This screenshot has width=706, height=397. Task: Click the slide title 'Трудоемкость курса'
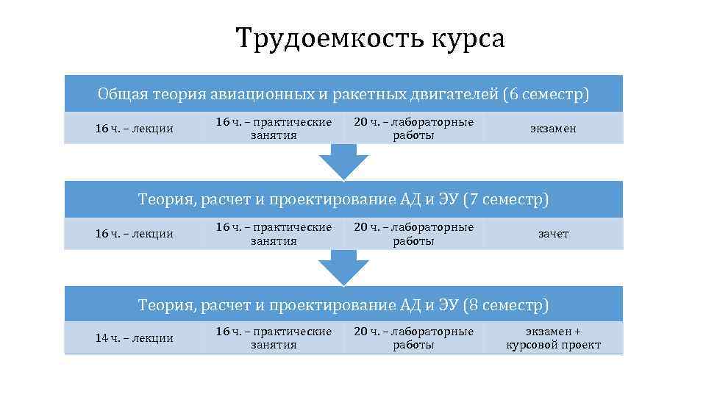coord(370,38)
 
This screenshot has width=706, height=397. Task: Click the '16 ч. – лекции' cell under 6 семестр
coord(135,129)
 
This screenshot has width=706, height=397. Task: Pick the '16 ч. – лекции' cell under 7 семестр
coord(135,234)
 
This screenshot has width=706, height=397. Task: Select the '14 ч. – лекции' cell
coord(135,338)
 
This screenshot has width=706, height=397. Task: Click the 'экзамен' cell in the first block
coord(553,129)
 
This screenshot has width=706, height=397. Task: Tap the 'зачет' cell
coord(553,234)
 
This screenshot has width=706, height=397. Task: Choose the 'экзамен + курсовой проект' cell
coord(553,338)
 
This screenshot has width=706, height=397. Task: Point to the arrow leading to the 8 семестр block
coord(343,267)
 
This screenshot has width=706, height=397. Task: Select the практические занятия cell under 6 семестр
coord(274,128)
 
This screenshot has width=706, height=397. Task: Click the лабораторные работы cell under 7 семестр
coord(413,233)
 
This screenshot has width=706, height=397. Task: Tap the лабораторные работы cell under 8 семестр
coord(413,338)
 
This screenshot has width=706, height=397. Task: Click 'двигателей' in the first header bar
coord(442,94)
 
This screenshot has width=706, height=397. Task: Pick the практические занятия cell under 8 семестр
coord(274,338)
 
